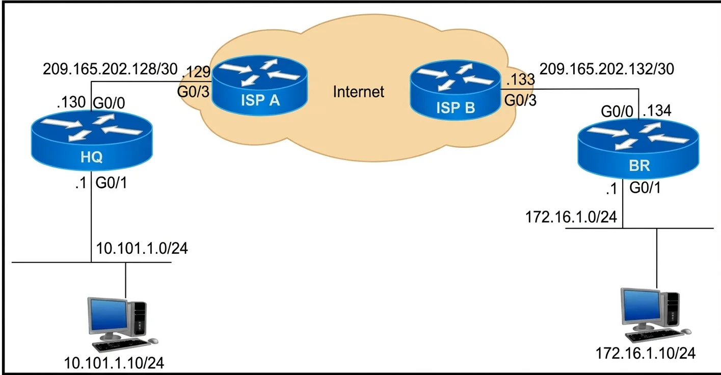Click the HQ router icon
[x=92, y=140]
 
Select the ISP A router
[x=259, y=85]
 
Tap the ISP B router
[x=455, y=90]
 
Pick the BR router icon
[x=638, y=149]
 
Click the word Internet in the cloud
[x=358, y=92]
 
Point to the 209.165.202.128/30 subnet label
[x=110, y=69]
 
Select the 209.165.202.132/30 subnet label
[x=607, y=69]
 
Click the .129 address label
[x=196, y=71]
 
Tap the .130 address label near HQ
[x=71, y=102]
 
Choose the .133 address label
[x=520, y=79]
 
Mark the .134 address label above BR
[x=657, y=111]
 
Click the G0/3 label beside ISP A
[x=194, y=92]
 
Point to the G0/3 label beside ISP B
[x=520, y=100]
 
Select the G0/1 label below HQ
[x=112, y=183]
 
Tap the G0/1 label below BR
[x=645, y=187]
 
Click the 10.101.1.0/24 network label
[x=142, y=249]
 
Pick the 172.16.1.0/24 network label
[x=571, y=217]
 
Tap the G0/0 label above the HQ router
[x=109, y=103]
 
